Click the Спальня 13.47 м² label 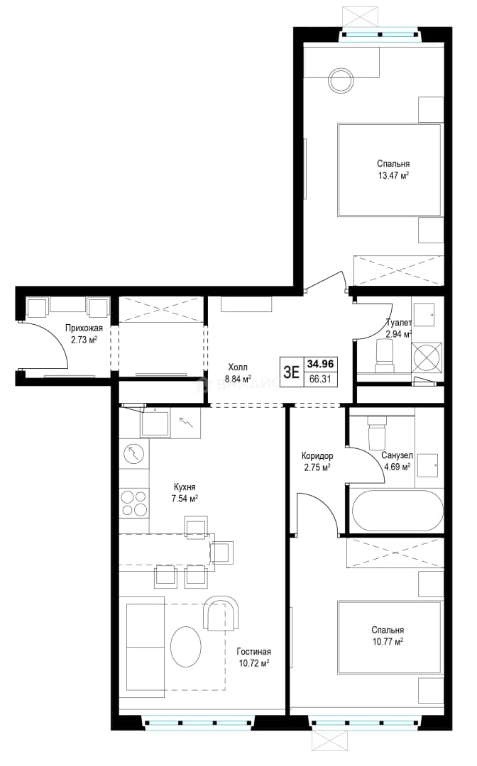393,170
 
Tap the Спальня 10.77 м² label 387,636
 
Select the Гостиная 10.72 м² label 253,657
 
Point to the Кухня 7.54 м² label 185,492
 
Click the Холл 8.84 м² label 238,372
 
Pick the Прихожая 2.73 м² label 84,333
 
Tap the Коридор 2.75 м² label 317,461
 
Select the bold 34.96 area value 321,363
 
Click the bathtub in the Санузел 397,511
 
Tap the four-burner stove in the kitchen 134,503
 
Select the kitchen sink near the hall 155,423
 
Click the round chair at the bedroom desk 341,80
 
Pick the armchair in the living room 222,614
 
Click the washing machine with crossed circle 427,357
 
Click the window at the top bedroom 380,35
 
